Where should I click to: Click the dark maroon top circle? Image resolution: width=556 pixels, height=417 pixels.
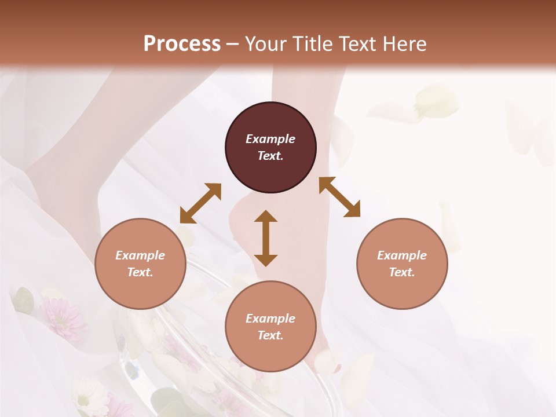(270, 148)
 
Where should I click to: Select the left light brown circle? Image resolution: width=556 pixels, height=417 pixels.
(140, 264)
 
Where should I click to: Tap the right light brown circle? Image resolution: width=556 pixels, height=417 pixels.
(402, 264)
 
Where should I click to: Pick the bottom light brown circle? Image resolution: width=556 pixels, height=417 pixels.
(270, 327)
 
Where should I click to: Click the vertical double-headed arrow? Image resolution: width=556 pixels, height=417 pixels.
(266, 238)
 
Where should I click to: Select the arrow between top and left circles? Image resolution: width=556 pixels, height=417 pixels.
(200, 203)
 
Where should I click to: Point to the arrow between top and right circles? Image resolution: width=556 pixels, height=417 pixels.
(340, 197)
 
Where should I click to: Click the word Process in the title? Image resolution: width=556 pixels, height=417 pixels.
(182, 43)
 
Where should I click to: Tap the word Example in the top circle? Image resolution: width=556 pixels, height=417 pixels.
(270, 139)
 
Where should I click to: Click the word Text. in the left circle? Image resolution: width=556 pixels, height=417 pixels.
(140, 272)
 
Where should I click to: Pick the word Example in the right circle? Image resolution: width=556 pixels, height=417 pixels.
(402, 255)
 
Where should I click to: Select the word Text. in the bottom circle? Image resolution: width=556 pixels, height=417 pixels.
(270, 335)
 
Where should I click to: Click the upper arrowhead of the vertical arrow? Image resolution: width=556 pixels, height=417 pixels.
(266, 217)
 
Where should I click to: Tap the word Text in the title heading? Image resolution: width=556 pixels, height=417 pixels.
(356, 43)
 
